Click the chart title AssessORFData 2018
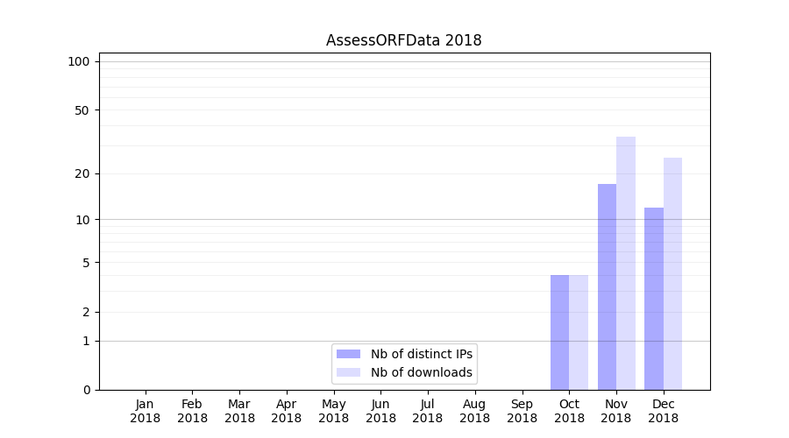click(x=403, y=40)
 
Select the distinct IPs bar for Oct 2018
click(x=559, y=332)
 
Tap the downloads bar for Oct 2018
click(x=579, y=332)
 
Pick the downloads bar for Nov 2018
click(x=626, y=263)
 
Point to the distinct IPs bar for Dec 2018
click(x=654, y=299)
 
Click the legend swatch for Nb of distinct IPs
click(x=348, y=354)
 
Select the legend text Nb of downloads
click(x=422, y=372)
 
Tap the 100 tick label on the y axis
click(x=79, y=61)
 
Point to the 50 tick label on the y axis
click(x=82, y=110)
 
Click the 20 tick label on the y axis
click(x=82, y=173)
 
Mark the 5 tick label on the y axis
click(x=86, y=263)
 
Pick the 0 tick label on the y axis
click(x=86, y=390)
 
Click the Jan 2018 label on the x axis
click(x=145, y=411)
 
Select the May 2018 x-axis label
click(x=333, y=411)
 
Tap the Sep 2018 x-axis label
click(x=522, y=411)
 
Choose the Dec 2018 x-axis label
click(x=663, y=411)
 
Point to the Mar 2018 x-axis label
click(x=239, y=411)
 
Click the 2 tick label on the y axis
click(x=86, y=313)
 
